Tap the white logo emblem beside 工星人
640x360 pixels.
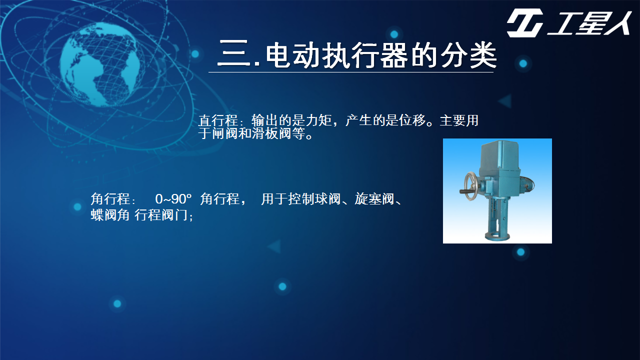point(525,23)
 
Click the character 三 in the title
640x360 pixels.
point(234,53)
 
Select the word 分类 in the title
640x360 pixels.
point(468,54)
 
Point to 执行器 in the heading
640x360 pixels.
point(365,54)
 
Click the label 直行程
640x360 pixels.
point(218,120)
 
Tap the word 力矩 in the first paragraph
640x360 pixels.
point(318,120)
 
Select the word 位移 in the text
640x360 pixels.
point(412,120)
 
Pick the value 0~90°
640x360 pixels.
point(173,199)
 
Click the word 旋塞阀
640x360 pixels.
point(374,198)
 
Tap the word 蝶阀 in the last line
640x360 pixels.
point(103,214)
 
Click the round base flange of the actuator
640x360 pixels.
point(497,236)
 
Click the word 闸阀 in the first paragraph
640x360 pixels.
point(225,133)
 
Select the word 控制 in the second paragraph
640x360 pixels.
point(301,198)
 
